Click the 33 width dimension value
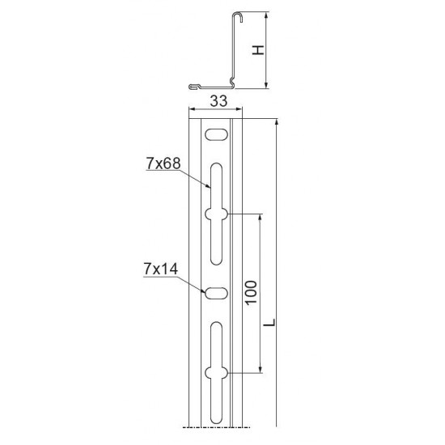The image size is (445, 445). coord(218,101)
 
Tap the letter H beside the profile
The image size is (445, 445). coord(259,50)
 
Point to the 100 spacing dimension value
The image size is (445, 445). coord(251,293)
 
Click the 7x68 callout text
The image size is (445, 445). coord(163,163)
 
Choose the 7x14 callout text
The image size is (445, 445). coord(161,269)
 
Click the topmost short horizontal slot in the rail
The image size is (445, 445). coord(217,134)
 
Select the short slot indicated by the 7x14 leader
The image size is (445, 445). coord(217,293)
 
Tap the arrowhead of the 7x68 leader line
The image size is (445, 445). coord(208,186)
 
